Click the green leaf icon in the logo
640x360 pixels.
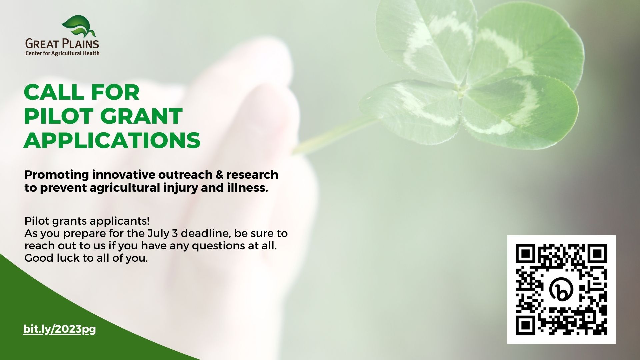(x=78, y=26)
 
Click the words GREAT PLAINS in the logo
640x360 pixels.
(x=62, y=44)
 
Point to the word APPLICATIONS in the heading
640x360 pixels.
(x=112, y=140)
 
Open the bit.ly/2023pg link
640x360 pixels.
(x=60, y=329)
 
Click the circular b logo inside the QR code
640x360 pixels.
(x=562, y=289)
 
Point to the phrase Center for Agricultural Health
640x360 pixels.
(x=62, y=53)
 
